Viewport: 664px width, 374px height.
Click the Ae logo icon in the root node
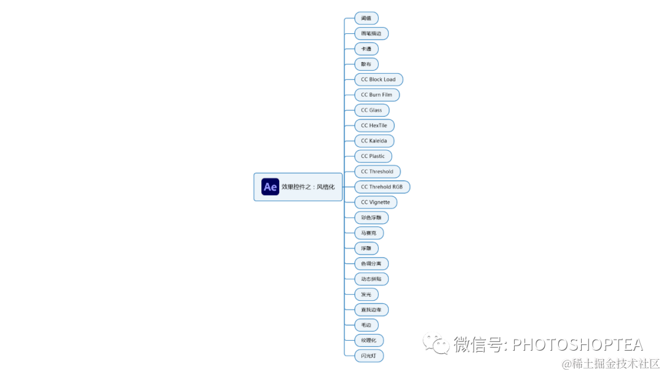pos(270,187)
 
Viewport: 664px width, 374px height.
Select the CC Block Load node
pos(378,79)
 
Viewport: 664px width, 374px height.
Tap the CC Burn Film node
pos(376,95)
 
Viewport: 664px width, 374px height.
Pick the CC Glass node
pos(371,110)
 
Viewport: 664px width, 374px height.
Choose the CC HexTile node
pos(374,125)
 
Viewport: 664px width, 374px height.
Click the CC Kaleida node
pos(374,141)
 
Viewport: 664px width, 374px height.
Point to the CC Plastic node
pos(373,156)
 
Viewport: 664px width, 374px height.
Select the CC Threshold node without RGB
pos(377,172)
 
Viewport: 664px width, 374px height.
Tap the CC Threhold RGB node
pos(382,187)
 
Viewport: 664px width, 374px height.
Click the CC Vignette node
pos(375,202)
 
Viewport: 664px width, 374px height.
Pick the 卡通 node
pos(366,49)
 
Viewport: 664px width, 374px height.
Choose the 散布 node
pos(366,64)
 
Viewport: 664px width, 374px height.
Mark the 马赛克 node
pos(369,233)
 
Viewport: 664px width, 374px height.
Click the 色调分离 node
pos(371,264)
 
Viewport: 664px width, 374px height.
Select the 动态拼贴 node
pos(371,279)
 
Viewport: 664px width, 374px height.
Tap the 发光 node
pos(366,295)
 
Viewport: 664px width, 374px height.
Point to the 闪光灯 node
pos(369,356)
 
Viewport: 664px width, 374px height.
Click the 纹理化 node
pos(369,340)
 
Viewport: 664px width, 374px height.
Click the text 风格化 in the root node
pos(326,187)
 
